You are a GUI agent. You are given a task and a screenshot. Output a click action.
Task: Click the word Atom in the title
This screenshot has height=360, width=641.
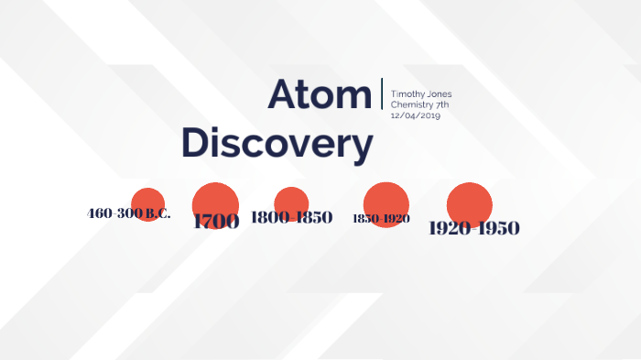click(x=319, y=94)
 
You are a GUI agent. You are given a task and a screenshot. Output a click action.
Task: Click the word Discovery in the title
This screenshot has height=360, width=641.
click(x=277, y=144)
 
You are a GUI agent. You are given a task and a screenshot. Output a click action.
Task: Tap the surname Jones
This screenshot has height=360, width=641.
click(x=438, y=94)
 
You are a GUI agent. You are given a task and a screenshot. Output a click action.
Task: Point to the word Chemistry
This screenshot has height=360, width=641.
click(x=411, y=104)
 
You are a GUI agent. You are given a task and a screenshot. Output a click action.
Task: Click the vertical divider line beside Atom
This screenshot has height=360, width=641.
click(x=381, y=94)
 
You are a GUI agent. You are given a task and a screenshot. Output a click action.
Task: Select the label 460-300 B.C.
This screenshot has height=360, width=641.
click(x=128, y=213)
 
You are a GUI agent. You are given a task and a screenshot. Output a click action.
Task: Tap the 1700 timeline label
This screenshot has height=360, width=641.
click(x=216, y=221)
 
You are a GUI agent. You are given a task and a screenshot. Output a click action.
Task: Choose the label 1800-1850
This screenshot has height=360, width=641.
click(x=291, y=218)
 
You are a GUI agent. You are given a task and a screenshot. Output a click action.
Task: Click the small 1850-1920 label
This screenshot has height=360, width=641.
click(x=381, y=219)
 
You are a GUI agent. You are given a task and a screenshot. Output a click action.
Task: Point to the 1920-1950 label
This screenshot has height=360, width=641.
click(x=473, y=228)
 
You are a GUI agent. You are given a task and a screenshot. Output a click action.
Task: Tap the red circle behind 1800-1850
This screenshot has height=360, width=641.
click(x=291, y=201)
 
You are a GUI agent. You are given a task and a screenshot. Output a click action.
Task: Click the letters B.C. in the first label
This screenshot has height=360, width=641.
click(x=158, y=213)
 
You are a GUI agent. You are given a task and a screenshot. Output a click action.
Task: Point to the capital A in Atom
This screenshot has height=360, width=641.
click(x=285, y=94)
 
